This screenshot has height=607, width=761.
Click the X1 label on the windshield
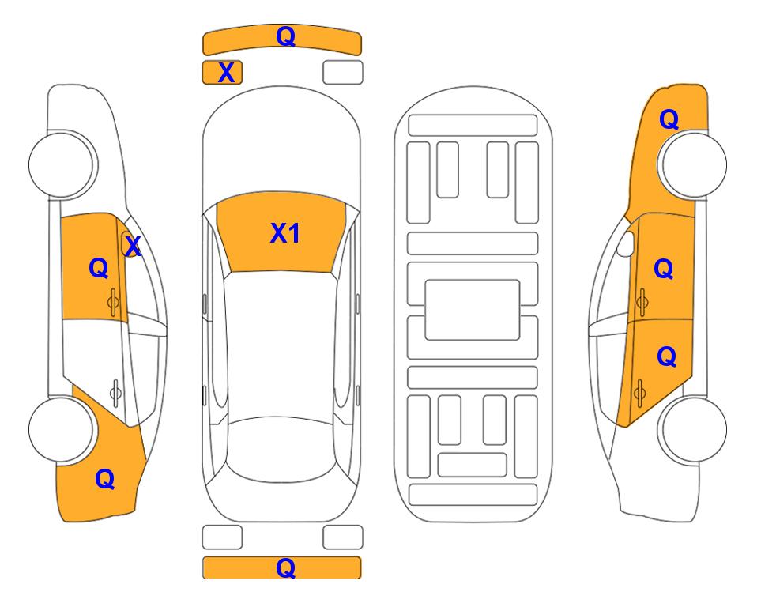(285, 233)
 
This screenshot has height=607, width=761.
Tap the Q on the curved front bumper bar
(285, 36)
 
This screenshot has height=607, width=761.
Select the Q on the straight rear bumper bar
(285, 567)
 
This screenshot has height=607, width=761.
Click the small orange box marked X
(222, 73)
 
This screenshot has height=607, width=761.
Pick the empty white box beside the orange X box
(343, 73)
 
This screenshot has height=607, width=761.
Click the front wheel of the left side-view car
(63, 164)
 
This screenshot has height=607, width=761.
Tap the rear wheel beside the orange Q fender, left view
(63, 429)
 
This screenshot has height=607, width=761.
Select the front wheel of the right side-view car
(692, 164)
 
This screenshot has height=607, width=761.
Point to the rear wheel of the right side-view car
(692, 429)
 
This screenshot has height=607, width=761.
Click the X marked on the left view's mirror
(133, 246)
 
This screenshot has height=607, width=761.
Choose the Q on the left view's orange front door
(99, 268)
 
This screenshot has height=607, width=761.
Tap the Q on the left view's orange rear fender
(105, 479)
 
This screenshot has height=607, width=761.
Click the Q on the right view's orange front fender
(669, 119)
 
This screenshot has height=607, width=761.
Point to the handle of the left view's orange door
(113, 302)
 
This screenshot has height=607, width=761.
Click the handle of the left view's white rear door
(115, 393)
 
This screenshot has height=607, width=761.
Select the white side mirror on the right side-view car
(626, 243)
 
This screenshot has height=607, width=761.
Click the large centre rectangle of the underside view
(473, 310)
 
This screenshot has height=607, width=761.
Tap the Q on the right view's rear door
(667, 357)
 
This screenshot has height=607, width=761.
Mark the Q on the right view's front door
(664, 269)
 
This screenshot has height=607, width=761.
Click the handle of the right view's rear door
(640, 393)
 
